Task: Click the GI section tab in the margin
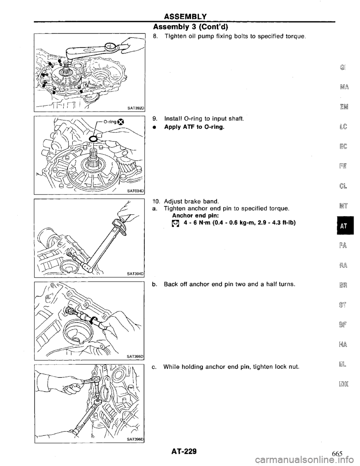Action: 343,69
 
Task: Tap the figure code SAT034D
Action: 135,191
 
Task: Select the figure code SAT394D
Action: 135,274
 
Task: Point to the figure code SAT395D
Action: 135,356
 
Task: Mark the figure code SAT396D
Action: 135,439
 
